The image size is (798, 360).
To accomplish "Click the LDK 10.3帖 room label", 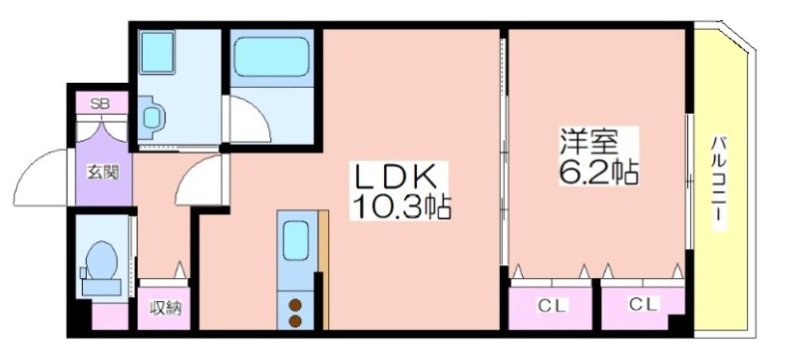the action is click(x=400, y=190).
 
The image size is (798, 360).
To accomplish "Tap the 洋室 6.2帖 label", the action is click(x=599, y=157).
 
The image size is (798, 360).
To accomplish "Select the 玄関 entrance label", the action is click(x=103, y=173).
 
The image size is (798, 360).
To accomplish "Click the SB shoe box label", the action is click(x=100, y=105).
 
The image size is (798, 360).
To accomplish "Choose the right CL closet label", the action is click(x=643, y=304).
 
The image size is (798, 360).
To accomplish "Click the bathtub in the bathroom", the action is click(x=271, y=57).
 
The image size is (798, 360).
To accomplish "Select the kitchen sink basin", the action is click(x=296, y=240).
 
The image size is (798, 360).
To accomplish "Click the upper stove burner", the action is click(x=294, y=305).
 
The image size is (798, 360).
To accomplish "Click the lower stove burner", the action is click(x=294, y=321).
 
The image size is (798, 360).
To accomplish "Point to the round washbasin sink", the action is click(x=152, y=118).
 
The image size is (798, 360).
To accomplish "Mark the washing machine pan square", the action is click(x=157, y=52).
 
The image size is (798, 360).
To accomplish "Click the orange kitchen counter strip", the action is click(x=323, y=270).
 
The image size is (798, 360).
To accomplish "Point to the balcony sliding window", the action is click(x=689, y=181).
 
